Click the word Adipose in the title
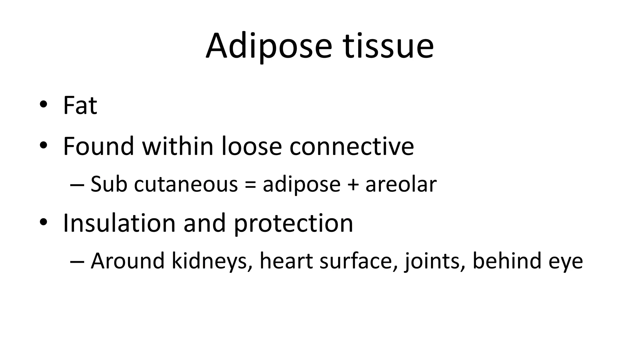coord(268,46)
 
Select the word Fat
coord(80,105)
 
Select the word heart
coord(286,261)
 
